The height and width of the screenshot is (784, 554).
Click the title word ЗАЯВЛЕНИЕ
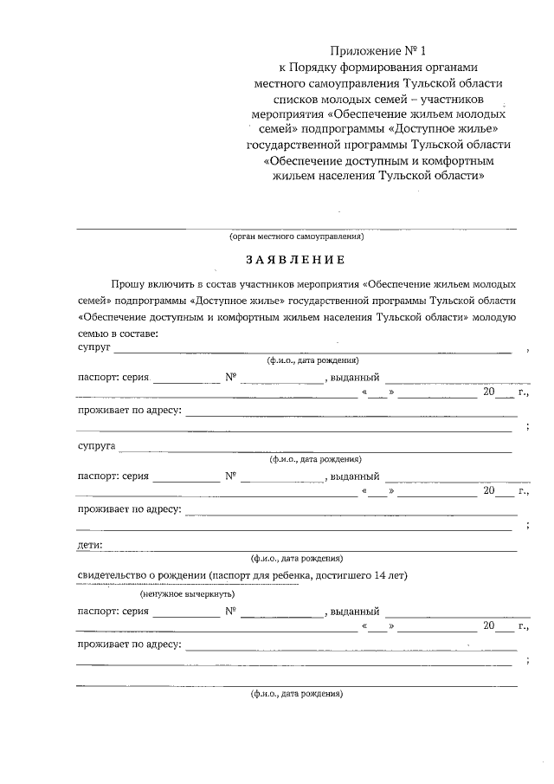click(295, 260)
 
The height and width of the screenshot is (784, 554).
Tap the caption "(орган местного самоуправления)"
click(296, 236)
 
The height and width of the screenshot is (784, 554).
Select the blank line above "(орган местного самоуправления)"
click(296, 229)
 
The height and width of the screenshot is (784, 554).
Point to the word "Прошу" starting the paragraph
click(128, 284)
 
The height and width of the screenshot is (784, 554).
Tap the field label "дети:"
click(89, 546)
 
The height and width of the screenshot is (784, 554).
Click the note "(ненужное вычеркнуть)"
click(187, 594)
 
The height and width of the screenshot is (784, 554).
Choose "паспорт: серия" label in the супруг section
click(113, 379)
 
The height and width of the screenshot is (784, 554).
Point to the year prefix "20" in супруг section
click(489, 392)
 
